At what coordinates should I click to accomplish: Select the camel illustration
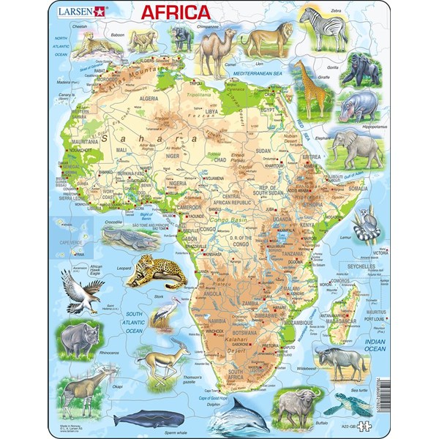210,52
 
